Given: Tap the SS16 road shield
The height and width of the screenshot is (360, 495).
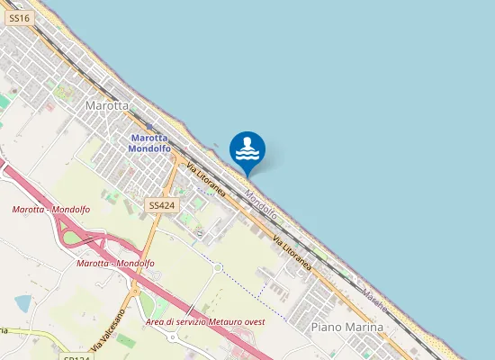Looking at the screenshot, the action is (19, 18).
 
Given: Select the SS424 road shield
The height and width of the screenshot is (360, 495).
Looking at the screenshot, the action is (161, 206).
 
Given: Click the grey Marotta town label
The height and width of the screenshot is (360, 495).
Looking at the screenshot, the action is (107, 105).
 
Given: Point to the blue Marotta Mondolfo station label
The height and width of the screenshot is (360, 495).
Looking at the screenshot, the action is (149, 143).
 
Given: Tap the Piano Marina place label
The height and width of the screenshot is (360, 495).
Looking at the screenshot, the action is (346, 327).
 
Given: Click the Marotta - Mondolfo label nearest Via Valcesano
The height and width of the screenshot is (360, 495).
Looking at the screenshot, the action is (116, 263).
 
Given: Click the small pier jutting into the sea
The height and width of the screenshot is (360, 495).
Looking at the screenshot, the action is (216, 144).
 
